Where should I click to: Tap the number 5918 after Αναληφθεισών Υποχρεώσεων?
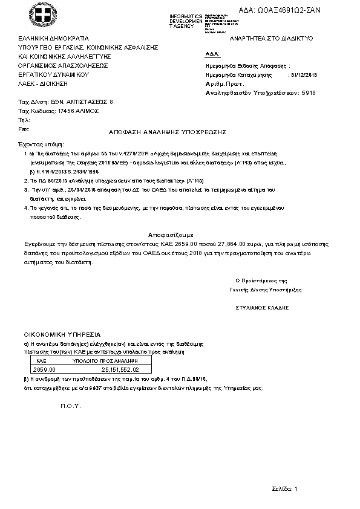point(309,93)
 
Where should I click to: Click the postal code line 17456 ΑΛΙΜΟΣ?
point(59,111)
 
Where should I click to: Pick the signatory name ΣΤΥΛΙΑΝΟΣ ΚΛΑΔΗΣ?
point(262,307)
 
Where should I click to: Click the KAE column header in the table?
point(38,360)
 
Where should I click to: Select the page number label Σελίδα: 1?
point(284,488)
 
